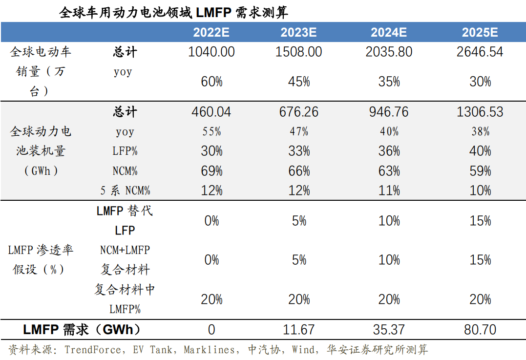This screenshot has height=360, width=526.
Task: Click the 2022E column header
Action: pos(211,33)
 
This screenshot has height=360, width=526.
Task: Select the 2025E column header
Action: pos(480,33)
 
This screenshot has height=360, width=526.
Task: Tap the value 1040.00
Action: pos(211,52)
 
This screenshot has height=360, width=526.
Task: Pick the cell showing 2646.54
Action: pos(480,52)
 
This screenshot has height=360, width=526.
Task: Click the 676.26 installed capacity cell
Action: pos(299,112)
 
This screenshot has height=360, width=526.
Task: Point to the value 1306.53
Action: pos(480,112)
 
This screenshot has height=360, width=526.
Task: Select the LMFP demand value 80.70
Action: pos(480,330)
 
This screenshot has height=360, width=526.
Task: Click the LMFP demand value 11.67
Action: pos(299,330)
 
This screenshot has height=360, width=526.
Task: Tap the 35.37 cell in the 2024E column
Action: pos(389,330)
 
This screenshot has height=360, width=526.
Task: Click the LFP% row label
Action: pos(125,151)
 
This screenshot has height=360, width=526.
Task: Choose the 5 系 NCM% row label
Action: pos(125,191)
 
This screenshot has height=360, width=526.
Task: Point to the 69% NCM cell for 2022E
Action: pos(211,171)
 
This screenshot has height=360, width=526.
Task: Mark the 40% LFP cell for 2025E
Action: pos(480,151)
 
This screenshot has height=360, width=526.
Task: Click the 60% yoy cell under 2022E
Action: pos(211,82)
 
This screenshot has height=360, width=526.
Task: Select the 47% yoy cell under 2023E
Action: pos(299,131)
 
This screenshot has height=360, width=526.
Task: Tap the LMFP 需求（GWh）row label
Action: pos(82,330)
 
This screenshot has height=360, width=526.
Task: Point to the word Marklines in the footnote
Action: pos(211,350)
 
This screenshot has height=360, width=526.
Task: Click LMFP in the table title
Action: pos(213,12)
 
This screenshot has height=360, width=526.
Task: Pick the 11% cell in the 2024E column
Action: pos(389,191)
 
